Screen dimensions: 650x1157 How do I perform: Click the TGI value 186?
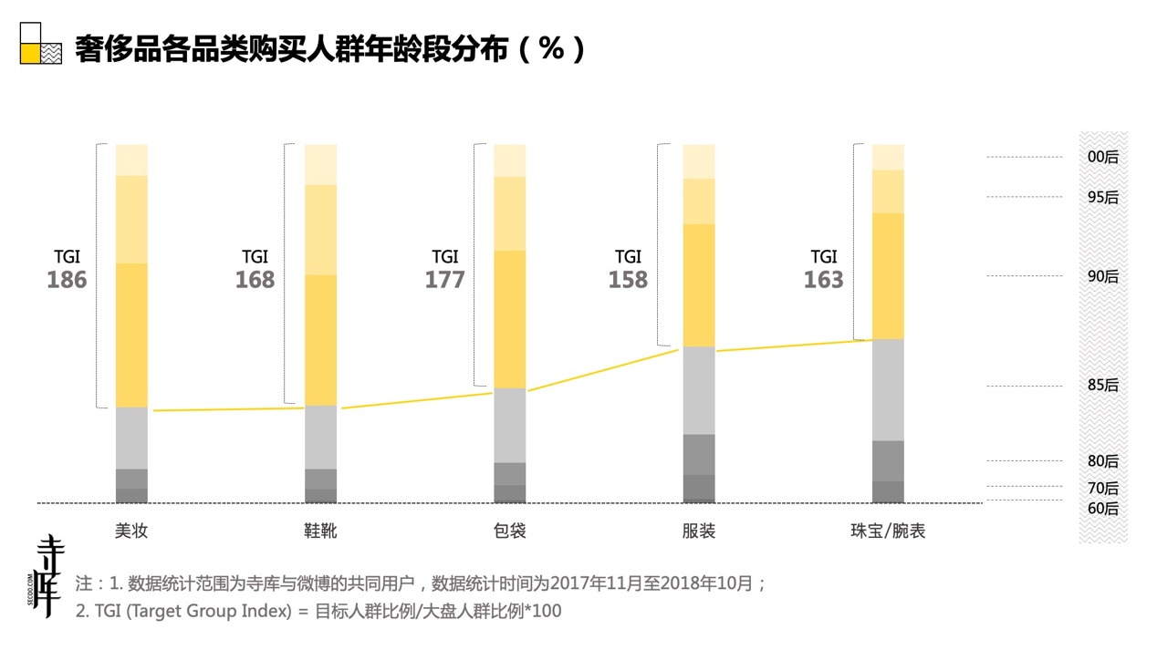67,280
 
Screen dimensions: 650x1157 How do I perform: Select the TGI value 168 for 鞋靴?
255,280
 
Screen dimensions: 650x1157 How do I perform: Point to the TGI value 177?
444,280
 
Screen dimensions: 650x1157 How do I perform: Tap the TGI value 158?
628,280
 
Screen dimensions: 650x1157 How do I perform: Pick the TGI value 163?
823,280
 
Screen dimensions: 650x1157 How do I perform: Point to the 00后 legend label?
1102,157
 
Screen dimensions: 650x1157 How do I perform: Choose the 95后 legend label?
1102,197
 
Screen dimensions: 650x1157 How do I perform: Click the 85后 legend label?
1102,386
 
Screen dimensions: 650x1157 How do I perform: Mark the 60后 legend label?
1102,509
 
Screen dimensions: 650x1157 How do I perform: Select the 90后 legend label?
1102,276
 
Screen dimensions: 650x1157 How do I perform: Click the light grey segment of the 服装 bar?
699,390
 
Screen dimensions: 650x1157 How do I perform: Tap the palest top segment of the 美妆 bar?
131,160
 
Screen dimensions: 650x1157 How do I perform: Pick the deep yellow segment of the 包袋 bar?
509,319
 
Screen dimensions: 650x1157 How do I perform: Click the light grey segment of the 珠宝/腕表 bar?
888,389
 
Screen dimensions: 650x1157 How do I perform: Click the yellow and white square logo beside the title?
40,43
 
